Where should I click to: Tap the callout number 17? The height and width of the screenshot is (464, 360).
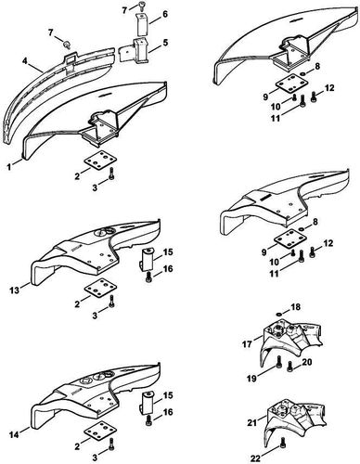tap(245, 343)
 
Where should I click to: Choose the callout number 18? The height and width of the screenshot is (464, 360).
tap(297, 306)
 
